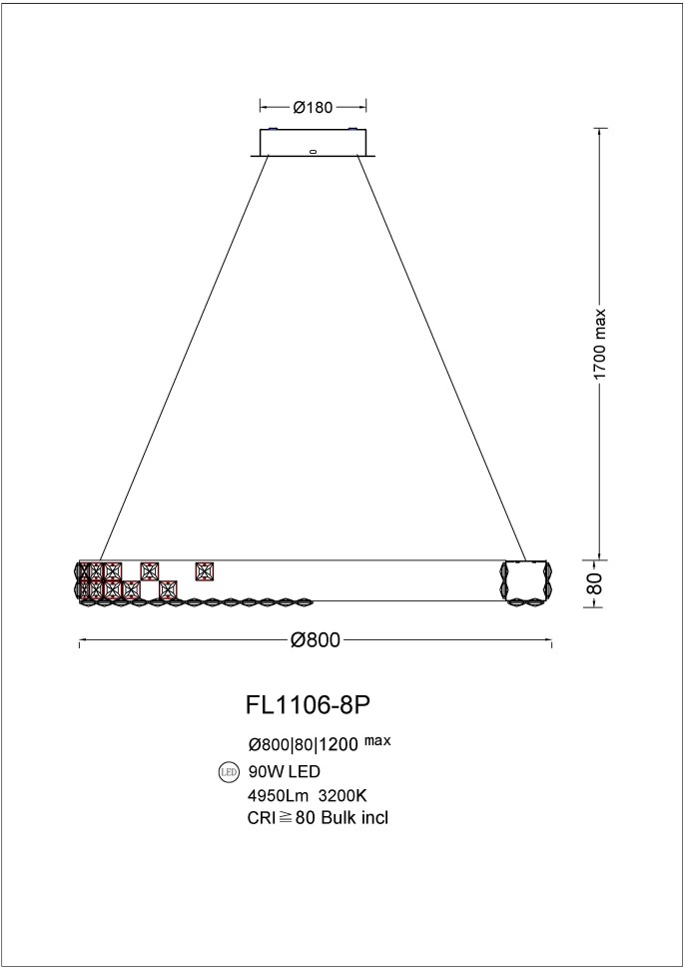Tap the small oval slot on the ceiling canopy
coord(313,153)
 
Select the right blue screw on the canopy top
coord(350,129)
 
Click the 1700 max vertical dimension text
coord(600,343)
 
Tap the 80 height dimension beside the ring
coord(596,583)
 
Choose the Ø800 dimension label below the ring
coord(316,641)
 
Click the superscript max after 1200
coord(378,741)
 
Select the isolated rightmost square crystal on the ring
coord(205,571)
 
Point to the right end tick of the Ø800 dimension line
coord(552,641)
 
